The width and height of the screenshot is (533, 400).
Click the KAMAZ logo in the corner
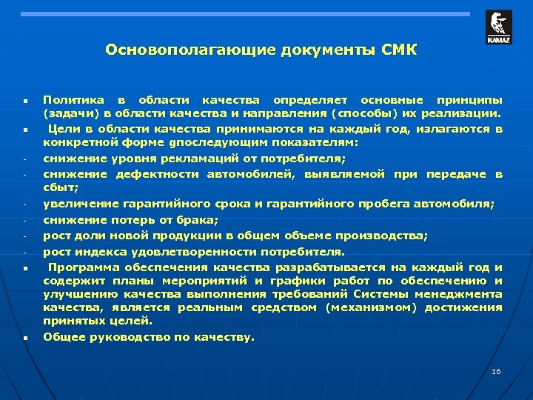[x=498, y=27]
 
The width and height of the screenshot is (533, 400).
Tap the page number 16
[x=496, y=370]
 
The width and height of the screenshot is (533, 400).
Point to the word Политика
[x=70, y=99]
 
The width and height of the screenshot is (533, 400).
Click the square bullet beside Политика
[x=24, y=100]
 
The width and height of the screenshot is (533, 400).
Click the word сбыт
[x=57, y=189]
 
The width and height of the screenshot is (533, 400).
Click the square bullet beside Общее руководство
[x=24, y=337]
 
